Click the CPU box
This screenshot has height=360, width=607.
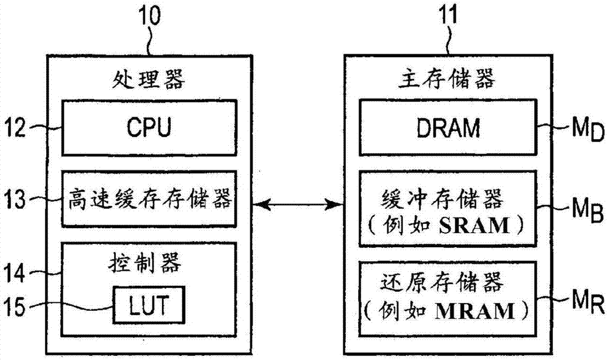[148, 128]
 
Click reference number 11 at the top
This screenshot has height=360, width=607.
[450, 13]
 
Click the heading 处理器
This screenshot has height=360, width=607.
[148, 79]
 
